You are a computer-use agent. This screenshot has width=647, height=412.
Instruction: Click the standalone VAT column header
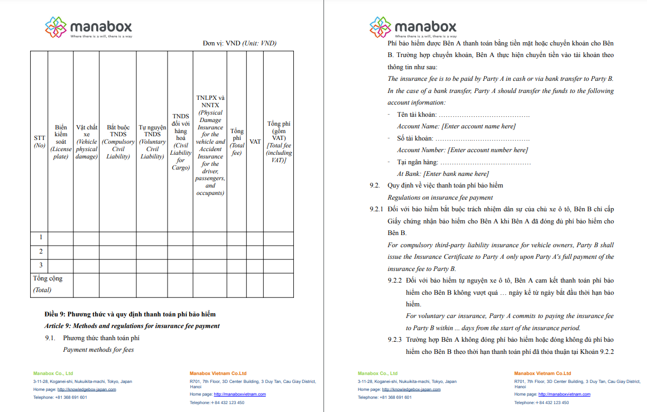tap(255, 142)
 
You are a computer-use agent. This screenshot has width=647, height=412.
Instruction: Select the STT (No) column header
tap(39, 142)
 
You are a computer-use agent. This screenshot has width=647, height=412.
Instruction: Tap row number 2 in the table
tap(41, 251)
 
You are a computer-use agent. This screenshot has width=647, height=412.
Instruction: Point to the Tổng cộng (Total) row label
tap(48, 284)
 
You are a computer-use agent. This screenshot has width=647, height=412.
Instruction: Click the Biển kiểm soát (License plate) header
tap(61, 142)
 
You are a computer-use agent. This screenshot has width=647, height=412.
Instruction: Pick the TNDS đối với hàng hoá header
tap(180, 142)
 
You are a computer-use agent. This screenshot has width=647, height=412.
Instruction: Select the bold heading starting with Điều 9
tap(130, 314)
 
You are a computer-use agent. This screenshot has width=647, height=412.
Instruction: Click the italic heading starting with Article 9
tap(132, 326)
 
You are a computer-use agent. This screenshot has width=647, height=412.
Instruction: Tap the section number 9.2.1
tap(377, 209)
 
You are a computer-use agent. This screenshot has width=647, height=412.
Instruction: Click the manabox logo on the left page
tap(88, 27)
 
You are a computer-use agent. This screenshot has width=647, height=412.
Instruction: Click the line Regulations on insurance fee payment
tap(440, 198)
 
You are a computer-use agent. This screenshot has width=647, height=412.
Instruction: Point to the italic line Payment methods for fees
tap(98, 350)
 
